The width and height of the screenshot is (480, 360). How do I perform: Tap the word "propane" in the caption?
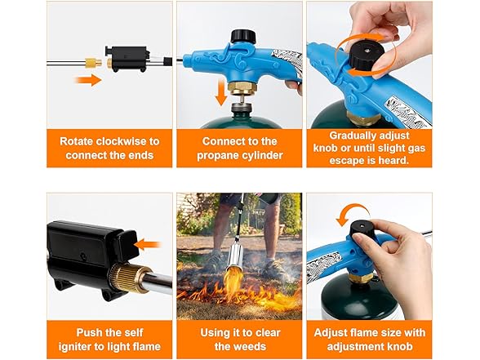(x=218, y=155)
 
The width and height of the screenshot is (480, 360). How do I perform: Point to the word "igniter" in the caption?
(x=74, y=346)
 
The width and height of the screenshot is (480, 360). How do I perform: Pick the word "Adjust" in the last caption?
(x=333, y=333)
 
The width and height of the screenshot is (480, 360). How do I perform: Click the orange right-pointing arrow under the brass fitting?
(x=88, y=80)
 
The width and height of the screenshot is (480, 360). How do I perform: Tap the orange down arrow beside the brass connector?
(x=221, y=92)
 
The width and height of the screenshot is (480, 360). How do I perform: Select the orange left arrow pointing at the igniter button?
(x=148, y=245)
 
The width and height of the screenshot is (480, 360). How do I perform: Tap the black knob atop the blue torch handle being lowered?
(x=243, y=36)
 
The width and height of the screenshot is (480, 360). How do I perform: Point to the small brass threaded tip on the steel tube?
(x=93, y=63)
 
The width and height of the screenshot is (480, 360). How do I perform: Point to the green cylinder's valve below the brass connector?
(x=239, y=109)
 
